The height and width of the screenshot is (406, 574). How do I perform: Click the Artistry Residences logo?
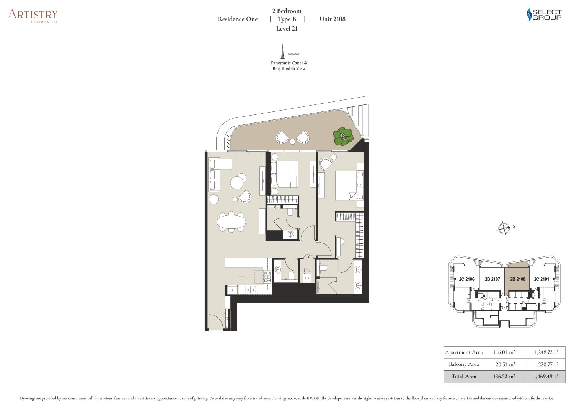point(33,16)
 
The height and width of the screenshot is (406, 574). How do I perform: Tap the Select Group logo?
point(544,15)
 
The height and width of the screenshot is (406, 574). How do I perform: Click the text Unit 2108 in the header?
point(333,19)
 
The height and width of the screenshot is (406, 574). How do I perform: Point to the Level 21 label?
point(287,29)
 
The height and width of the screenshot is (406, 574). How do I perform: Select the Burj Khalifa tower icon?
point(283,51)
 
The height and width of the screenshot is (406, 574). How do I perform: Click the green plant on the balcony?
point(343,136)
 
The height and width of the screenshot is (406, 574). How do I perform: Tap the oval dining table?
point(232,222)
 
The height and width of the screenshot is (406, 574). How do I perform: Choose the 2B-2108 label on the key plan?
point(518,279)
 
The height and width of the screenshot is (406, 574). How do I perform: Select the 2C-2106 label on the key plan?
point(466,279)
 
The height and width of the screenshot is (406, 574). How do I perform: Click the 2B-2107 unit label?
point(492,279)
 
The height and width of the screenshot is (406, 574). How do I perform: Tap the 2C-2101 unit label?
point(541,279)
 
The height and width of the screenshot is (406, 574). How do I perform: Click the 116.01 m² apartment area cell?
point(504,352)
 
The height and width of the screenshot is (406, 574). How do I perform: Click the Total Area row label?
point(464,376)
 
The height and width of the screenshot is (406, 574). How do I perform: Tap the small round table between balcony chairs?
point(292,141)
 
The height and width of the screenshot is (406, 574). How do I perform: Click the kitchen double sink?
point(251,289)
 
